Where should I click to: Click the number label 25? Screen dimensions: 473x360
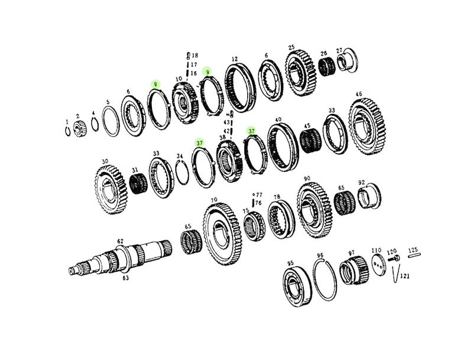point(291,47)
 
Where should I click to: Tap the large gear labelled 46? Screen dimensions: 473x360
point(367,127)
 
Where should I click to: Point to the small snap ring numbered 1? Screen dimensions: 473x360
point(68,131)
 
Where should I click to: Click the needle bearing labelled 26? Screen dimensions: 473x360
point(327,67)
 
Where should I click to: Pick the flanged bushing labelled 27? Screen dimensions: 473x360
point(347,60)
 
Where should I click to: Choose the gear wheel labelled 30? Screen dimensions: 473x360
point(111,190)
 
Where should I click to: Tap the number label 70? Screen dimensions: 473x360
point(214,200)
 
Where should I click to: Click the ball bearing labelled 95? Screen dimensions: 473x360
point(297,287)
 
